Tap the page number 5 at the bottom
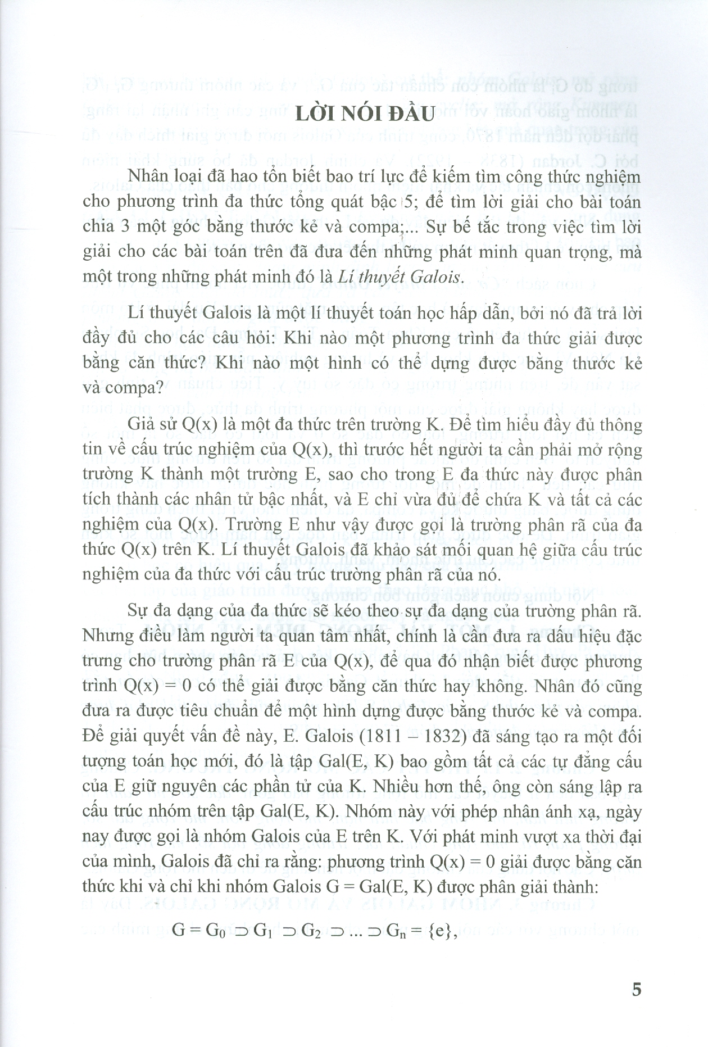point(636,1004)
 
